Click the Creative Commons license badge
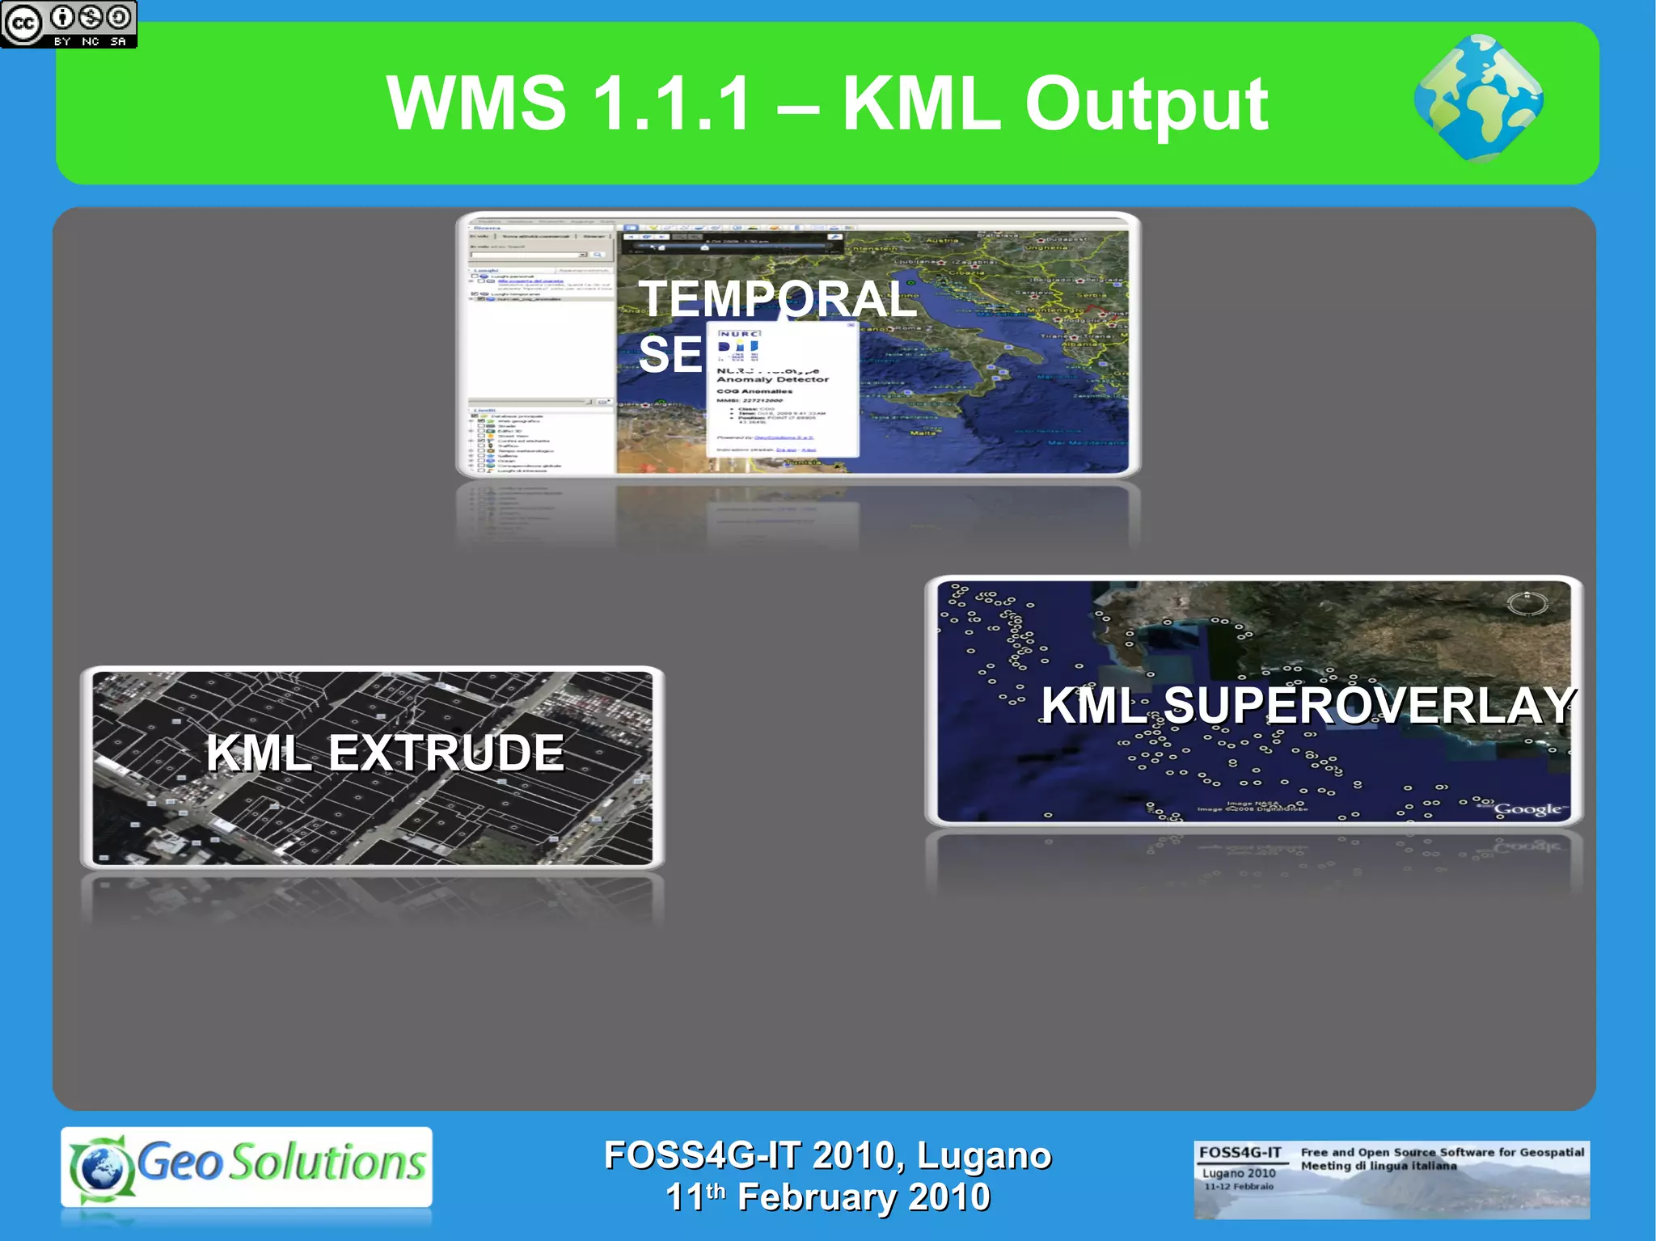click(68, 23)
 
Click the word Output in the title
click(1146, 105)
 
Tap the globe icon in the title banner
click(1478, 99)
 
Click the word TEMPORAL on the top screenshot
click(776, 299)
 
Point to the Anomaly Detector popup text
click(772, 378)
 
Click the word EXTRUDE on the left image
click(446, 753)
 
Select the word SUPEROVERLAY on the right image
click(1368, 706)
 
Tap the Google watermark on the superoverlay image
click(1527, 809)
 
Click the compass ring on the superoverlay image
click(1527, 603)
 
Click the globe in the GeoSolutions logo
click(100, 1168)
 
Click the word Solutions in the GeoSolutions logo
click(327, 1163)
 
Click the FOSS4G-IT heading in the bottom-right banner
click(1240, 1152)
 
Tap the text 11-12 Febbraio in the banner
click(1238, 1187)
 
